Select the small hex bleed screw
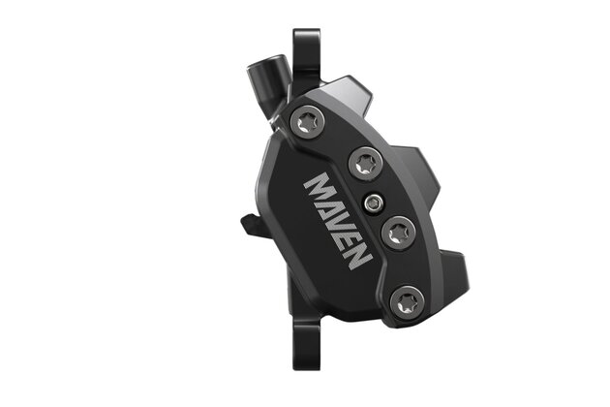tap(373, 203)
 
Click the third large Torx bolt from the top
tap(399, 234)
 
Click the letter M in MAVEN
tap(320, 188)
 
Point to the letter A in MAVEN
tap(330, 208)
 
